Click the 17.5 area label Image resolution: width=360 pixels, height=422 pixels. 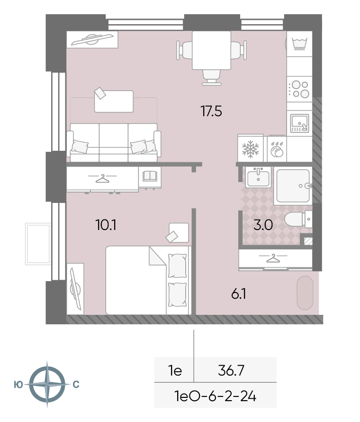211,111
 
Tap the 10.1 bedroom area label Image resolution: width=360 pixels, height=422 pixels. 106,225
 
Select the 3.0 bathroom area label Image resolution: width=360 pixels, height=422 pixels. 263,225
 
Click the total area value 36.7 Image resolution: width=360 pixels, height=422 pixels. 231,370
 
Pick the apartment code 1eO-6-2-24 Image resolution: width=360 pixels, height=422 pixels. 215,396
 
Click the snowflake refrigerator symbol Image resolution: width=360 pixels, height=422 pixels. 250,149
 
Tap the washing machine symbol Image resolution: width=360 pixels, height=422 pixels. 299,44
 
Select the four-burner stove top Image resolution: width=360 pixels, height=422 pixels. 299,89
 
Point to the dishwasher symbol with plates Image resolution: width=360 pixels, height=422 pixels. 277,149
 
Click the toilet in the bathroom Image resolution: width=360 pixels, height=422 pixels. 298,219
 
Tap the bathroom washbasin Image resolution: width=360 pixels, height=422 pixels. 258,177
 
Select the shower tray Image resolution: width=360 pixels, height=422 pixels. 293,186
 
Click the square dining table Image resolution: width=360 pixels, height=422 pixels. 211,50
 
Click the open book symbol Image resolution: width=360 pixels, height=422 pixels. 150,176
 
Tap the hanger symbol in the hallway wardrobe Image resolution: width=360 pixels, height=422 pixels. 273,258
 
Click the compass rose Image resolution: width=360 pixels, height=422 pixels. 47,384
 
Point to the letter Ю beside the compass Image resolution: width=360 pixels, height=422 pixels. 18,385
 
